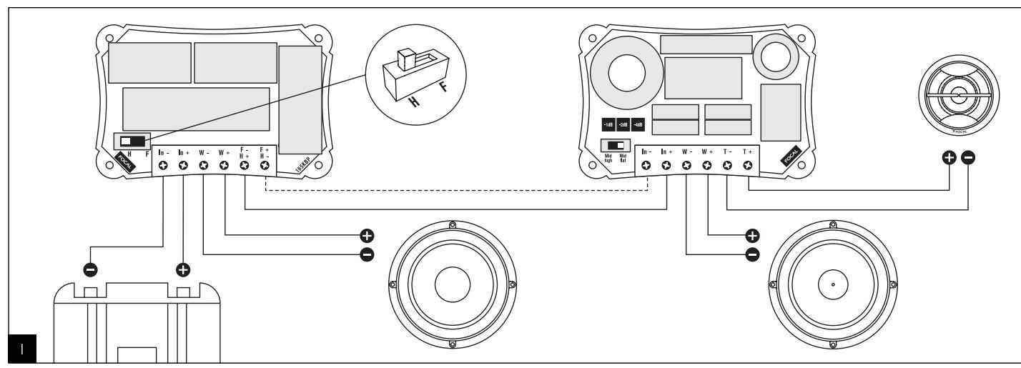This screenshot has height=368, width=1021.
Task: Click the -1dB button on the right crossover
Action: click(x=608, y=123)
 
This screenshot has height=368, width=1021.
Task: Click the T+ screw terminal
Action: click(x=749, y=166)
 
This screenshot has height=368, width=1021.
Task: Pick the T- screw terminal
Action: click(x=728, y=166)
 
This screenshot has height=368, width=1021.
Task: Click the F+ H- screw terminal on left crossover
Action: click(x=265, y=166)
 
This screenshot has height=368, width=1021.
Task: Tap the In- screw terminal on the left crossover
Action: click(x=163, y=166)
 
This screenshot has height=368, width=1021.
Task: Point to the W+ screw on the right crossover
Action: click(x=708, y=166)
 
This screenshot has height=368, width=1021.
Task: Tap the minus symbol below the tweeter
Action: click(x=967, y=158)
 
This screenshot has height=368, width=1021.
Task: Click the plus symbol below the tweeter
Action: click(x=950, y=158)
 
